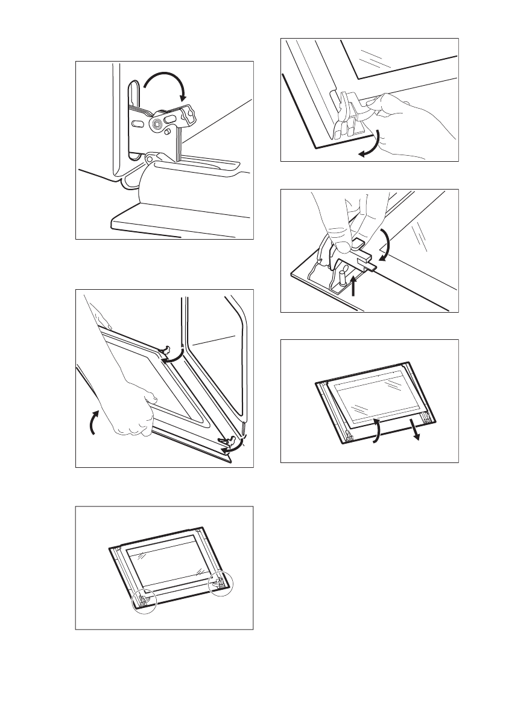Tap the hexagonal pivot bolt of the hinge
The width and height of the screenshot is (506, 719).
pos(157,123)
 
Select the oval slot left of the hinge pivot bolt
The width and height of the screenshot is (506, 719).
pos(138,123)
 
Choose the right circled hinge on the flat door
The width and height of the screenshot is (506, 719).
pos(220,584)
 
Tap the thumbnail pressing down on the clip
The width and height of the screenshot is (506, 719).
pos(343,246)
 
